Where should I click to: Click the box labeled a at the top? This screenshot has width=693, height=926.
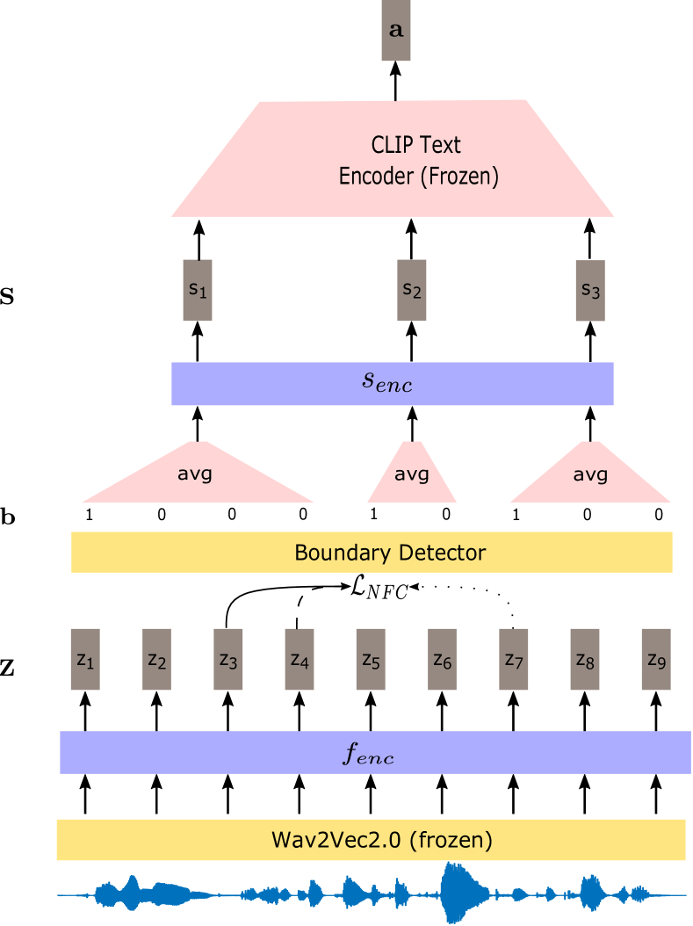point(396,31)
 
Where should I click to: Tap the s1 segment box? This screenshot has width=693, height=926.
point(198,290)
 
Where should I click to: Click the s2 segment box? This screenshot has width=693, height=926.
point(412,290)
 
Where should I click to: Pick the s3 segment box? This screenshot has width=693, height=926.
point(590,290)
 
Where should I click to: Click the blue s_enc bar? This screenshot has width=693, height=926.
point(392,384)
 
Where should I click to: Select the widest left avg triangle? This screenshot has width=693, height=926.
point(197,479)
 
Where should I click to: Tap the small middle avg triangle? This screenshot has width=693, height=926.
point(411,479)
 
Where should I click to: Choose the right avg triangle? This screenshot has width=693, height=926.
point(590,479)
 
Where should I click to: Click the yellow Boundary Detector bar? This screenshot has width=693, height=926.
point(372,553)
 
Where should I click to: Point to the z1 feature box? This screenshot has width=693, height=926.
point(85,660)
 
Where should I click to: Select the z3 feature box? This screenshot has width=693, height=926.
point(228,660)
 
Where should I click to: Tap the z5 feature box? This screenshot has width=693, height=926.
point(371,660)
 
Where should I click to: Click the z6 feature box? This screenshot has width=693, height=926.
point(442,660)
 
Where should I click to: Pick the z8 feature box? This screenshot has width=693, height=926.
point(585,660)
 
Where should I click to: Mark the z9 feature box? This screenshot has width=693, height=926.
point(656,660)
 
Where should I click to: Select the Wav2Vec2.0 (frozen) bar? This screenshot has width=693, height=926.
point(371,839)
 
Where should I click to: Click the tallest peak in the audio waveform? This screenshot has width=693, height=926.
point(457,893)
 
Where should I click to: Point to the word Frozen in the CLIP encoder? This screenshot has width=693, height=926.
point(458,176)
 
